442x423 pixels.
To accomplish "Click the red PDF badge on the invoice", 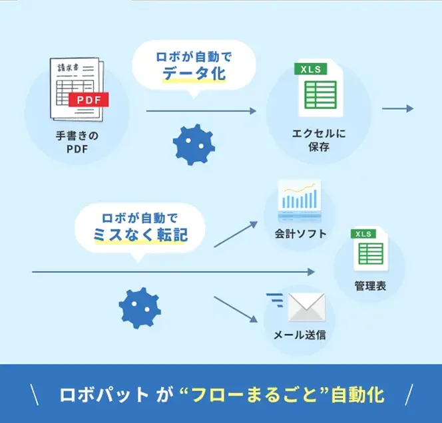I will coord(89,100).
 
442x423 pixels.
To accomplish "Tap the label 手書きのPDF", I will coord(77,142).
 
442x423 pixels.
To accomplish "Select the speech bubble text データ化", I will coord(194,74).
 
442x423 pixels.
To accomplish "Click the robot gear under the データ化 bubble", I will coord(193,144).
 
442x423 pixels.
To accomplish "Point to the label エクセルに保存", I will coord(319,140).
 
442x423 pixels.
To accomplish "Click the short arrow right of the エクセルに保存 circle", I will coord(397,108).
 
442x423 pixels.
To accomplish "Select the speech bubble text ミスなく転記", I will coord(141,234).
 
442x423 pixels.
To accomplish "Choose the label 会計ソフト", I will coord(301,233).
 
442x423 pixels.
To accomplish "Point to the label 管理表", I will coord(369,287).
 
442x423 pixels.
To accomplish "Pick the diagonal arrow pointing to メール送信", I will coord(236,309).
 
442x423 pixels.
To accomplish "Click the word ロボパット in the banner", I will coord(105,394).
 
